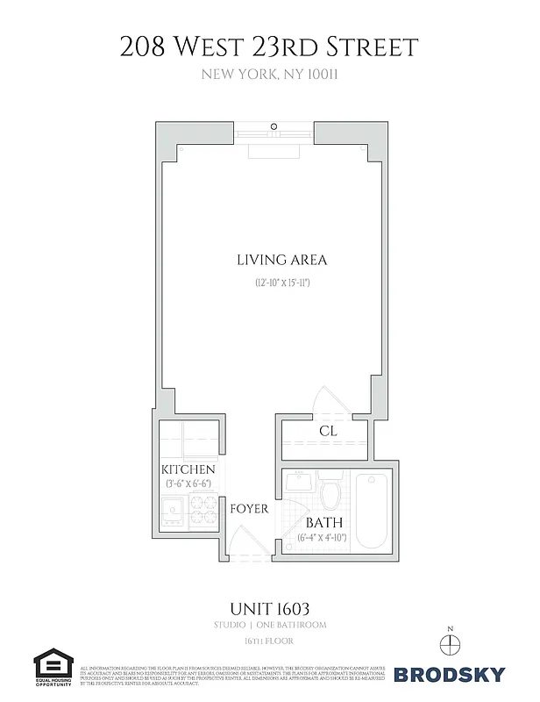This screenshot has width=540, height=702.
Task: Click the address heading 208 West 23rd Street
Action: [269, 46]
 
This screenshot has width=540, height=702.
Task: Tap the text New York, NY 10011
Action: [269, 75]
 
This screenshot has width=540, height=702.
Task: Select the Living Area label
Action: [269, 260]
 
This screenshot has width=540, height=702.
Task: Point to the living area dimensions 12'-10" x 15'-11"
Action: [269, 283]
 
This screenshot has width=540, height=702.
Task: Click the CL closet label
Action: [328, 432]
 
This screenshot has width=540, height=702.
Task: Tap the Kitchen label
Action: [187, 470]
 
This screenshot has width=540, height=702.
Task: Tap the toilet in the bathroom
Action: [330, 492]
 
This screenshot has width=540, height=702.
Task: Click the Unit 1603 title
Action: [269, 607]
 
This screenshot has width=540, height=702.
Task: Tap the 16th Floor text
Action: [269, 642]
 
